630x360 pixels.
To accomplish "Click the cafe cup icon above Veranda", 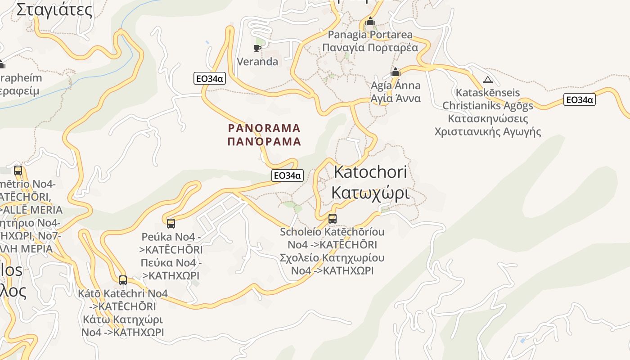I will coord(257,48).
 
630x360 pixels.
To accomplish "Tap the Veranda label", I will coord(257,62).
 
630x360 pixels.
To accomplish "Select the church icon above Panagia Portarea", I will coord(370,22).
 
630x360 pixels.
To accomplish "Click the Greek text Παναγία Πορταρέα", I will coord(370,47).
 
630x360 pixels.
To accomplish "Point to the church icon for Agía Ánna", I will coord(396,72).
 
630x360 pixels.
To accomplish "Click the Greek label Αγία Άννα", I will coord(396,98).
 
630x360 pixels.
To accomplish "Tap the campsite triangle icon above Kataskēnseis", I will coord(487,81).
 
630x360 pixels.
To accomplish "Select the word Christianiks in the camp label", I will coord(468,106).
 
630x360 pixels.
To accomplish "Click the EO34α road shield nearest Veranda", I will coord(210,78).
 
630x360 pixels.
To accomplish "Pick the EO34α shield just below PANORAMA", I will coord(288,175).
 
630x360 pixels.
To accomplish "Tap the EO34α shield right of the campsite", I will coord(580,99).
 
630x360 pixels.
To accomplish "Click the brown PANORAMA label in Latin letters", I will coord(264,128).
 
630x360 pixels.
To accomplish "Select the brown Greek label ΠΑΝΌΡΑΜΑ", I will coord(264,141).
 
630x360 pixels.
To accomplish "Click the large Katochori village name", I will coord(370,172).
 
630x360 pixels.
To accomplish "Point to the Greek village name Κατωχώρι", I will coord(370,193).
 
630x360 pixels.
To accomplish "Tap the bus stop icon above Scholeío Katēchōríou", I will coord(333,219).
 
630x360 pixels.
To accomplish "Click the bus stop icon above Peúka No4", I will coord(171,223).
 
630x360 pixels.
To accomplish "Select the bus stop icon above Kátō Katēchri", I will coord(123,280).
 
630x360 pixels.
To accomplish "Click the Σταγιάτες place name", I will coord(54,10).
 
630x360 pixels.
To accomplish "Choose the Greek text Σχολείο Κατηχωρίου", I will coord(332,258).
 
